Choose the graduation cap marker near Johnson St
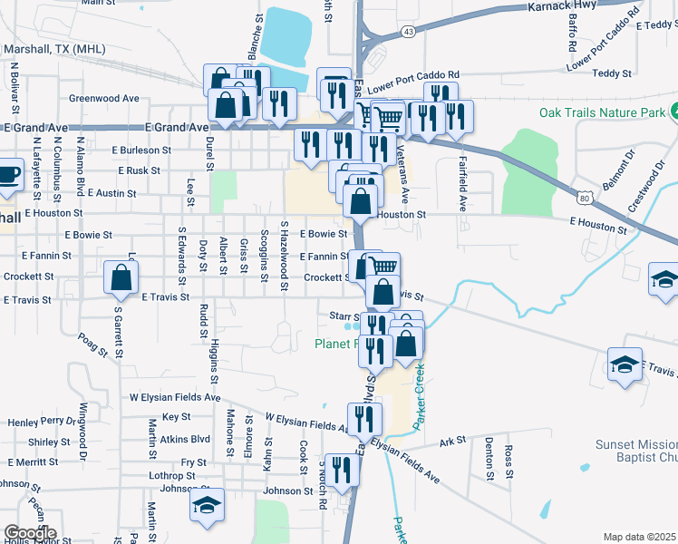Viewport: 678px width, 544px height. click(207, 505)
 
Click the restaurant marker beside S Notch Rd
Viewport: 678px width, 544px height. click(342, 470)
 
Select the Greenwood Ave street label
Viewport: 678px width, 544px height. click(103, 98)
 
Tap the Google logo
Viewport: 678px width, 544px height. click(29, 533)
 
